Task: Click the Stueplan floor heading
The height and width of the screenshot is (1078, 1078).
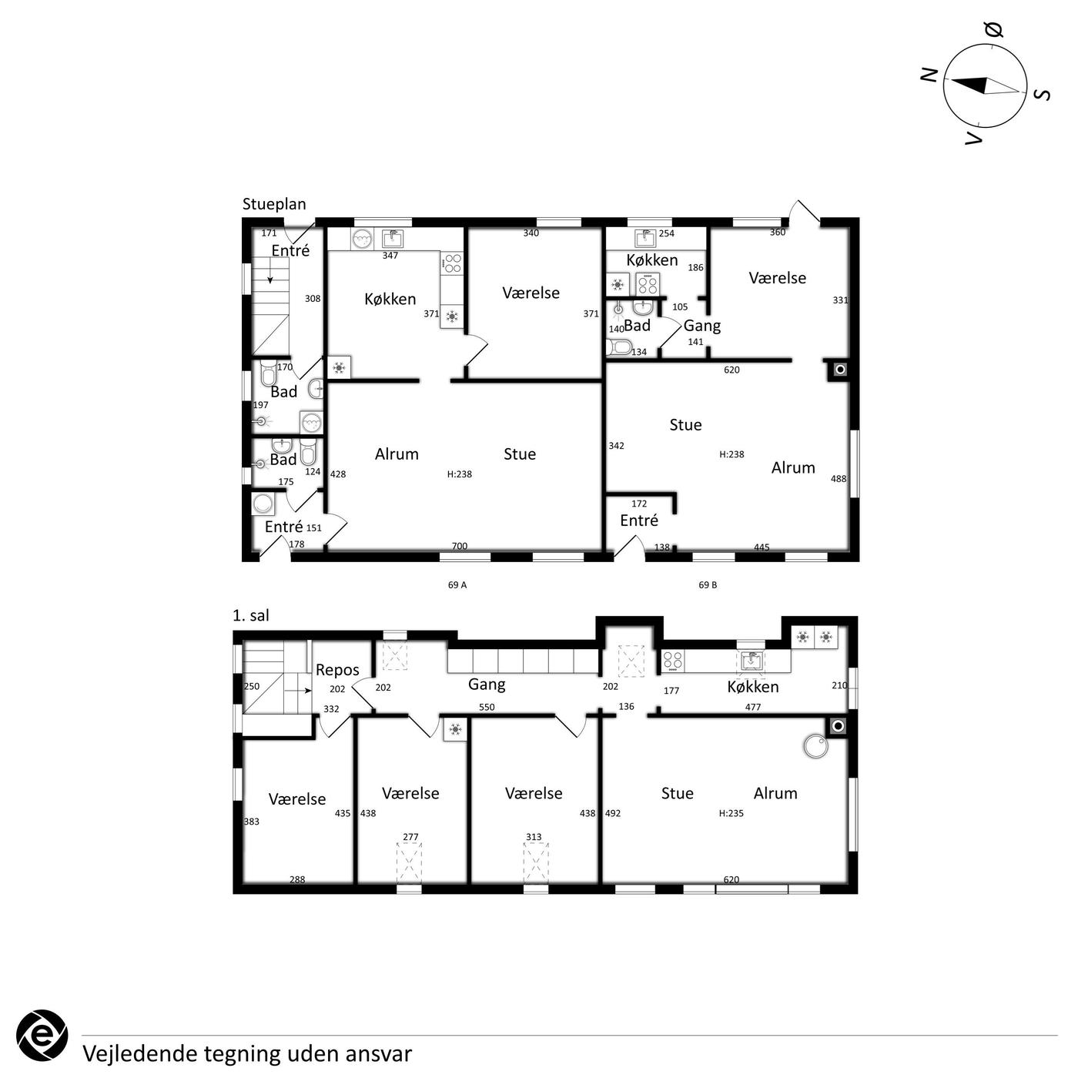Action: pos(274,205)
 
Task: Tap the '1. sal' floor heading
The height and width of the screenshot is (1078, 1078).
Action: pos(250,615)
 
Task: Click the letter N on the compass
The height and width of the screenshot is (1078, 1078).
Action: pos(929,75)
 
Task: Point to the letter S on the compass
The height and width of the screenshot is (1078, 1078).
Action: pos(1043,95)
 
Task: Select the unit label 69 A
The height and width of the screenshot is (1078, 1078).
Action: pos(457,584)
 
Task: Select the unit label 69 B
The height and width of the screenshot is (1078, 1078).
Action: pos(708,584)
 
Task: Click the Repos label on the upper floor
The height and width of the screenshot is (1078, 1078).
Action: pos(337,670)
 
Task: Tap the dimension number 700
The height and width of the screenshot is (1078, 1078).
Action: pos(459,546)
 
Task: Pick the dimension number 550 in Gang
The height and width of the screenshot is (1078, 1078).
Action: pos(487,707)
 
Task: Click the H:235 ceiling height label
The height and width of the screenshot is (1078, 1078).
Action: pos(731,813)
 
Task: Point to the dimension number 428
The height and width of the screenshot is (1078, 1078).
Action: pos(338,474)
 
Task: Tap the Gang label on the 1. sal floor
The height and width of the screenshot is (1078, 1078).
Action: pos(487,685)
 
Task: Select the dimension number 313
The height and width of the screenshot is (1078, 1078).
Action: pos(534,837)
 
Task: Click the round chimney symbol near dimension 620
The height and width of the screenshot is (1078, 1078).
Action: pos(840,370)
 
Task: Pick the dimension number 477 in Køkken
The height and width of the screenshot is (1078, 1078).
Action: pos(753,707)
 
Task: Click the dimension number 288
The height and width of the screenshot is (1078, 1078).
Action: pos(297,879)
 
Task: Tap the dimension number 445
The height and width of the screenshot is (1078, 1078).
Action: pos(762,547)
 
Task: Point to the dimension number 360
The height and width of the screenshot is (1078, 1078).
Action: pos(778,233)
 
